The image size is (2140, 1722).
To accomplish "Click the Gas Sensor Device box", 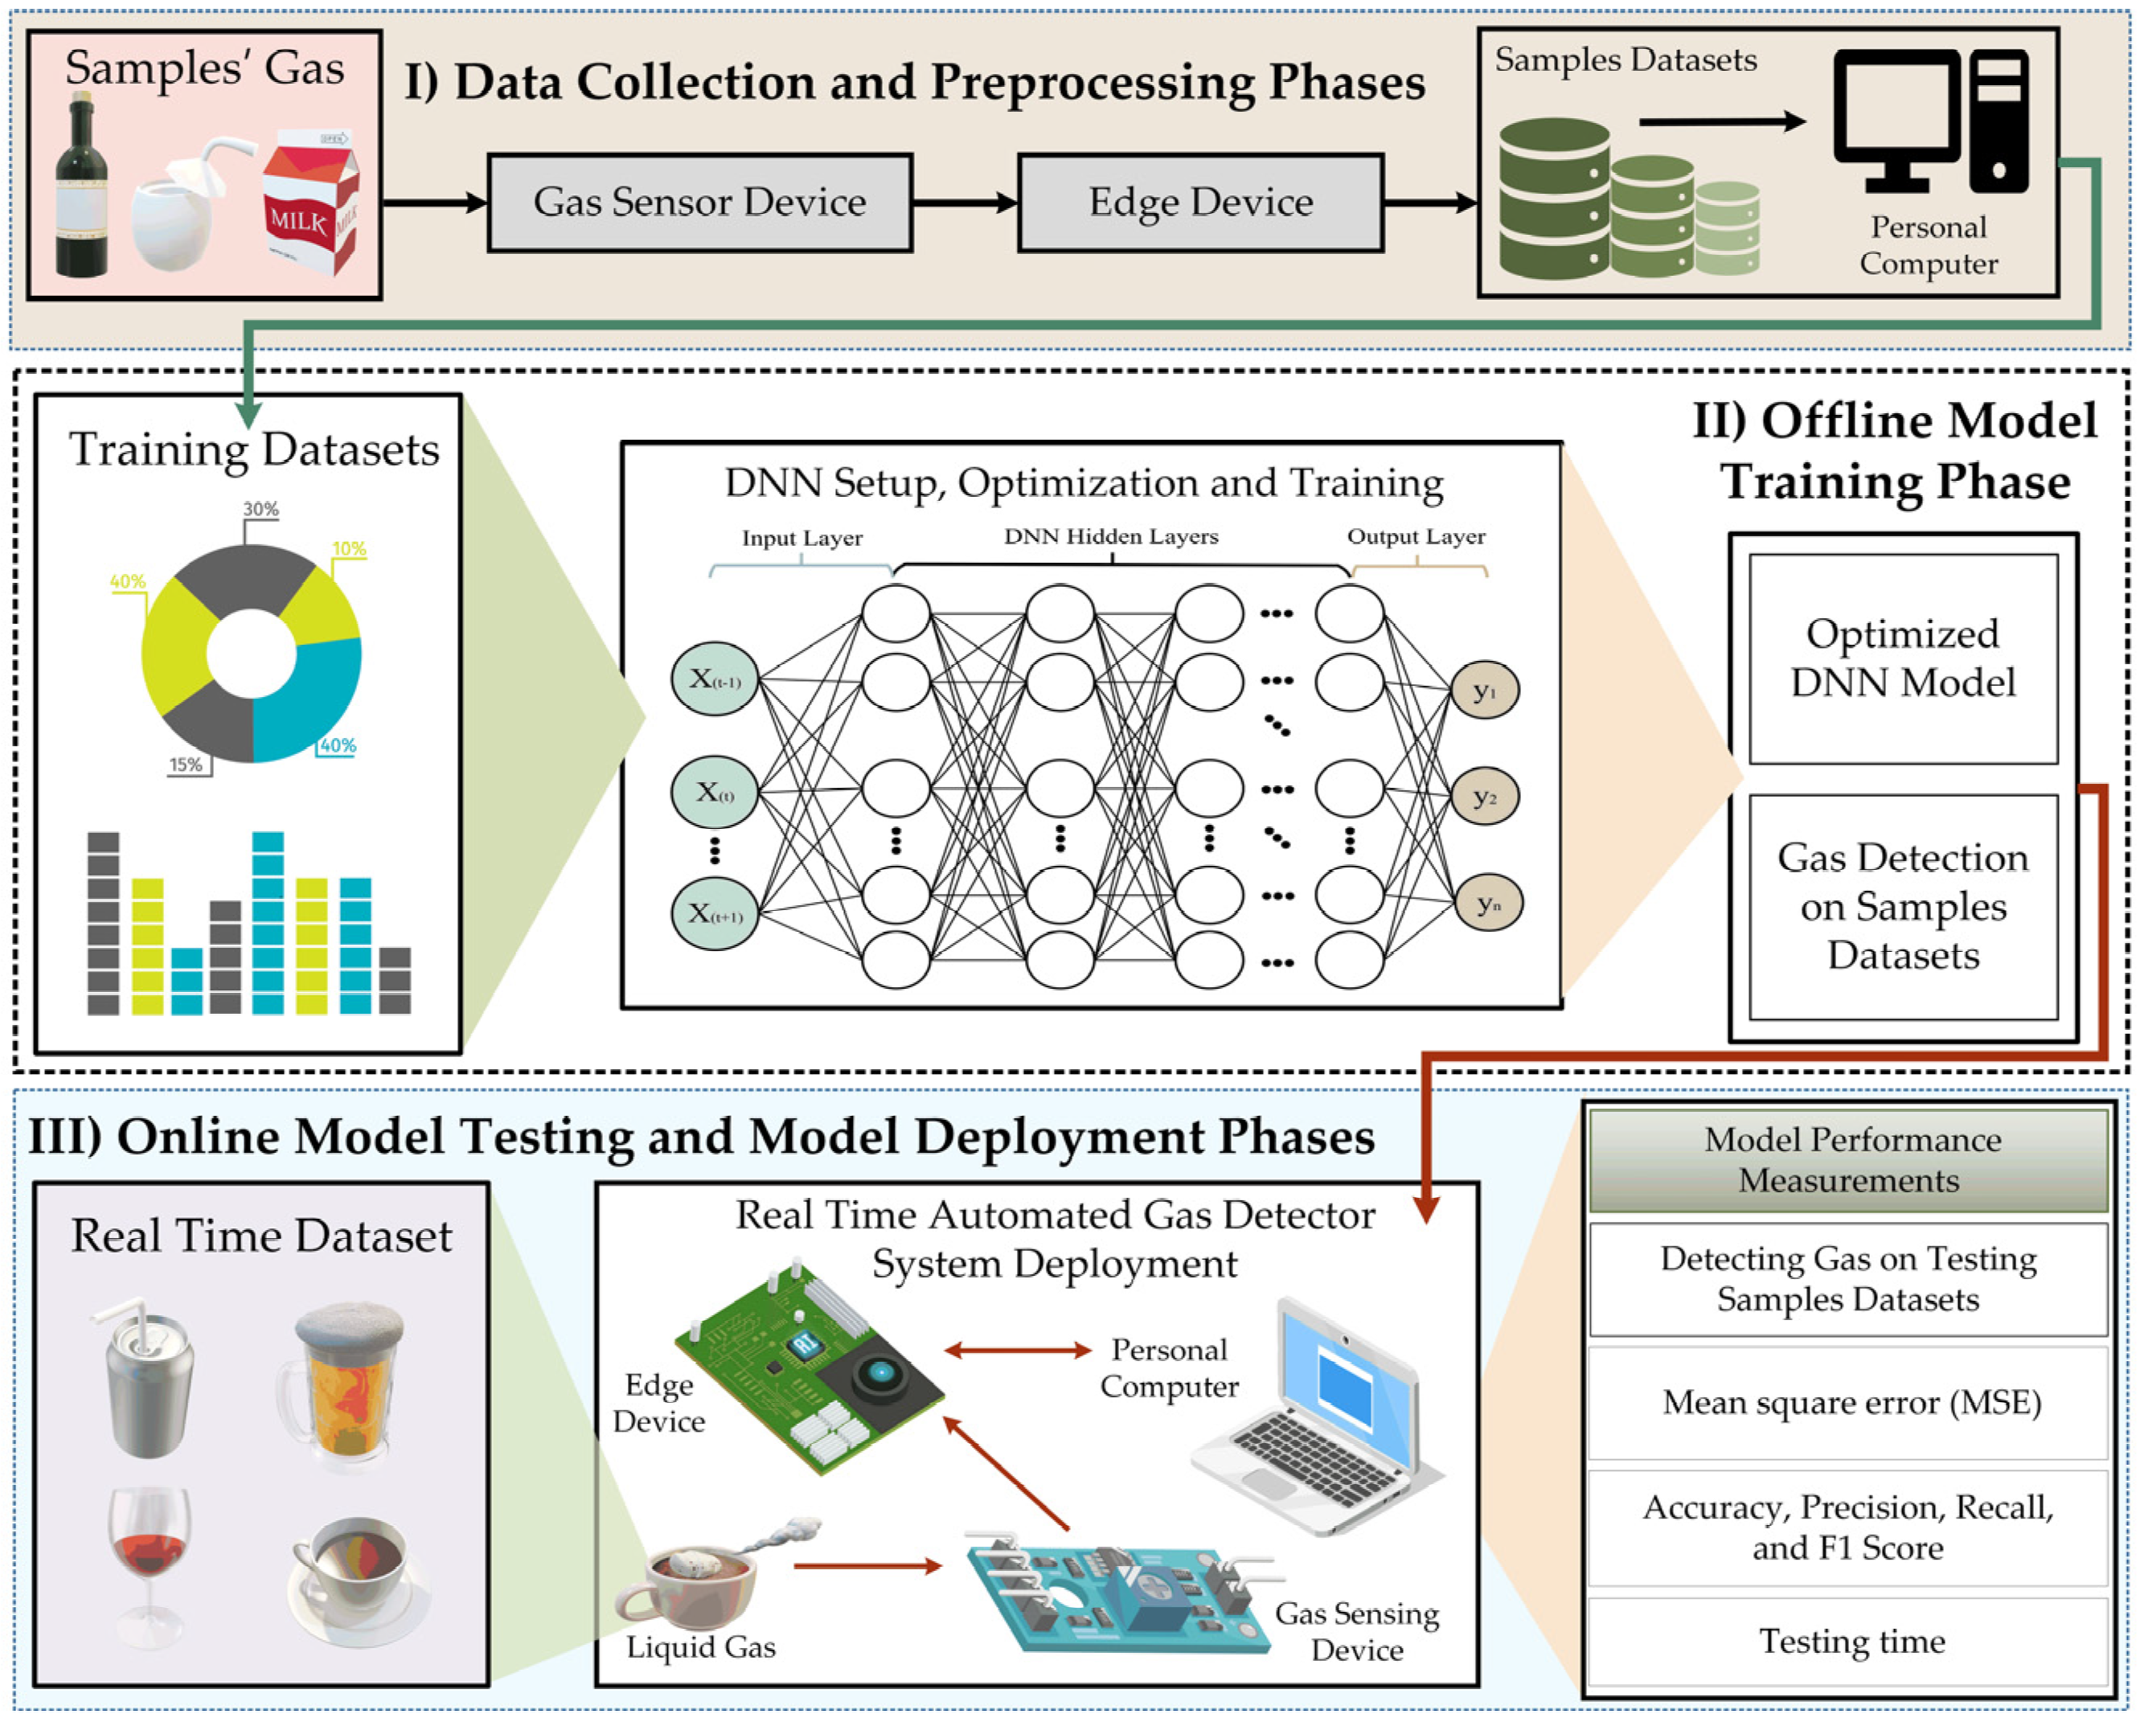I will pos(699,203).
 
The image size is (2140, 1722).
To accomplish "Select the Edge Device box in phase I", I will pos(1200,203).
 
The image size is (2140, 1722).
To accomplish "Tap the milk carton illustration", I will pos(310,203).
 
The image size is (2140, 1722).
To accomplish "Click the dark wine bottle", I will pos(80,189).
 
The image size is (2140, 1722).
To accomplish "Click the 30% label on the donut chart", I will pos(261,509).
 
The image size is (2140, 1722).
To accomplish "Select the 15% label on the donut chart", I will pos(186,765).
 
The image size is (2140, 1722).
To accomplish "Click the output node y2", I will pos(1484,796).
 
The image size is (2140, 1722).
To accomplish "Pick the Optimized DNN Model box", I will pos(1902,658).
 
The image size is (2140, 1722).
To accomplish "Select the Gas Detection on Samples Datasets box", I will pos(1902,906).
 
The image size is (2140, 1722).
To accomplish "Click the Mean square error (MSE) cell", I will pos(1848,1402).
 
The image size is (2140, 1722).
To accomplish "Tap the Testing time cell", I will pos(1848,1641).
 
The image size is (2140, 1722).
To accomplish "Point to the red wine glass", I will pos(149,1558).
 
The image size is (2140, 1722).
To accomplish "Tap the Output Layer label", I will pos(1416,537).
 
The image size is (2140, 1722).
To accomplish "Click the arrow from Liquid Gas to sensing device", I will pos(867,1566).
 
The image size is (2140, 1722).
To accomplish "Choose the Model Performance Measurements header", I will pos(1848,1159).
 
